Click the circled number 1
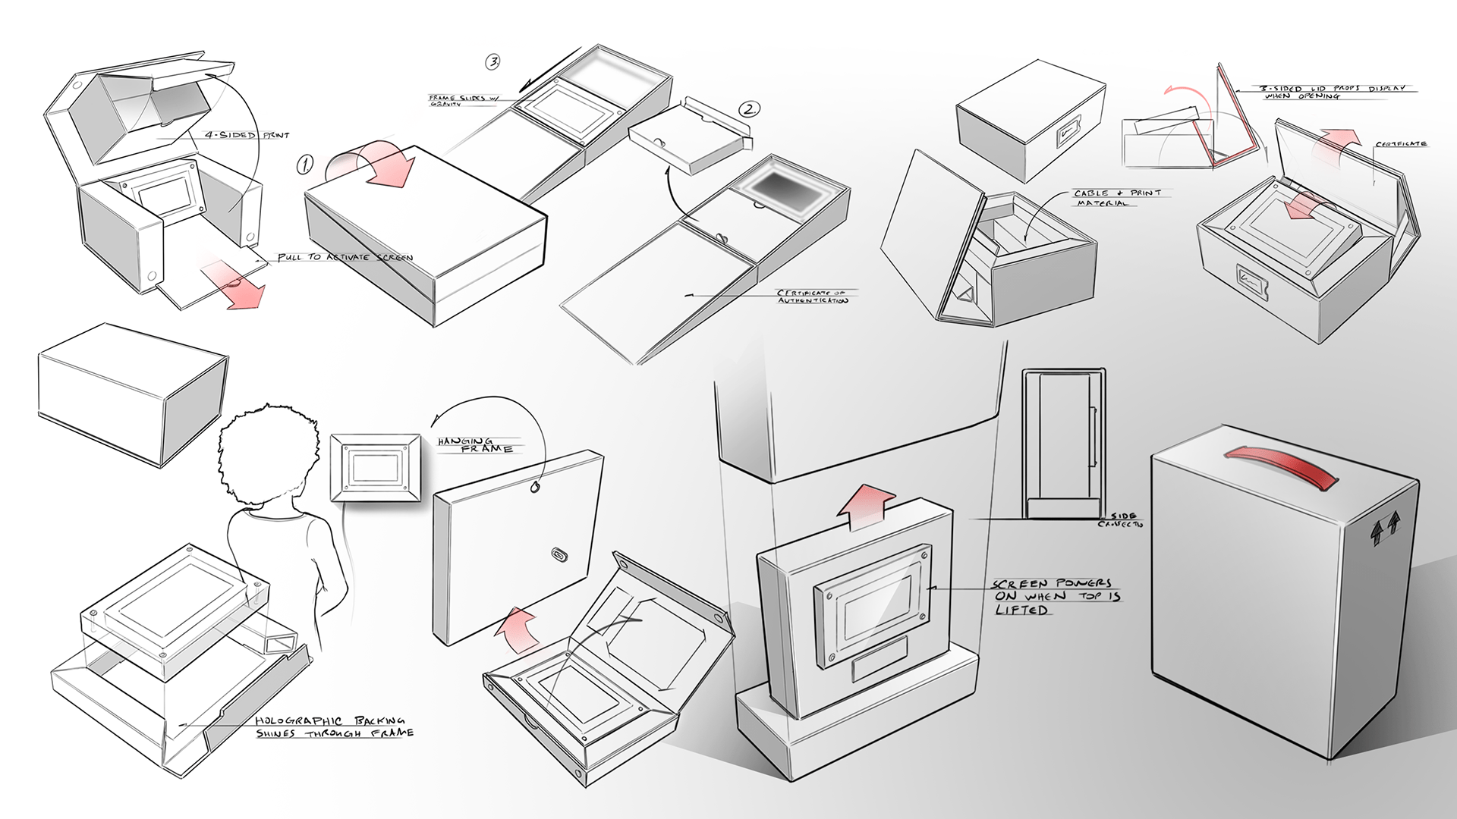click(305, 164)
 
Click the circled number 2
click(748, 109)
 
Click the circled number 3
click(493, 62)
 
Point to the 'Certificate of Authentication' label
click(810, 297)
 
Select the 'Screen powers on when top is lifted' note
click(1056, 596)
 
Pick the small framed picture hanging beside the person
click(375, 465)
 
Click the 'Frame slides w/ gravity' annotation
click(462, 100)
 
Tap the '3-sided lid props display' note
click(1333, 92)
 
